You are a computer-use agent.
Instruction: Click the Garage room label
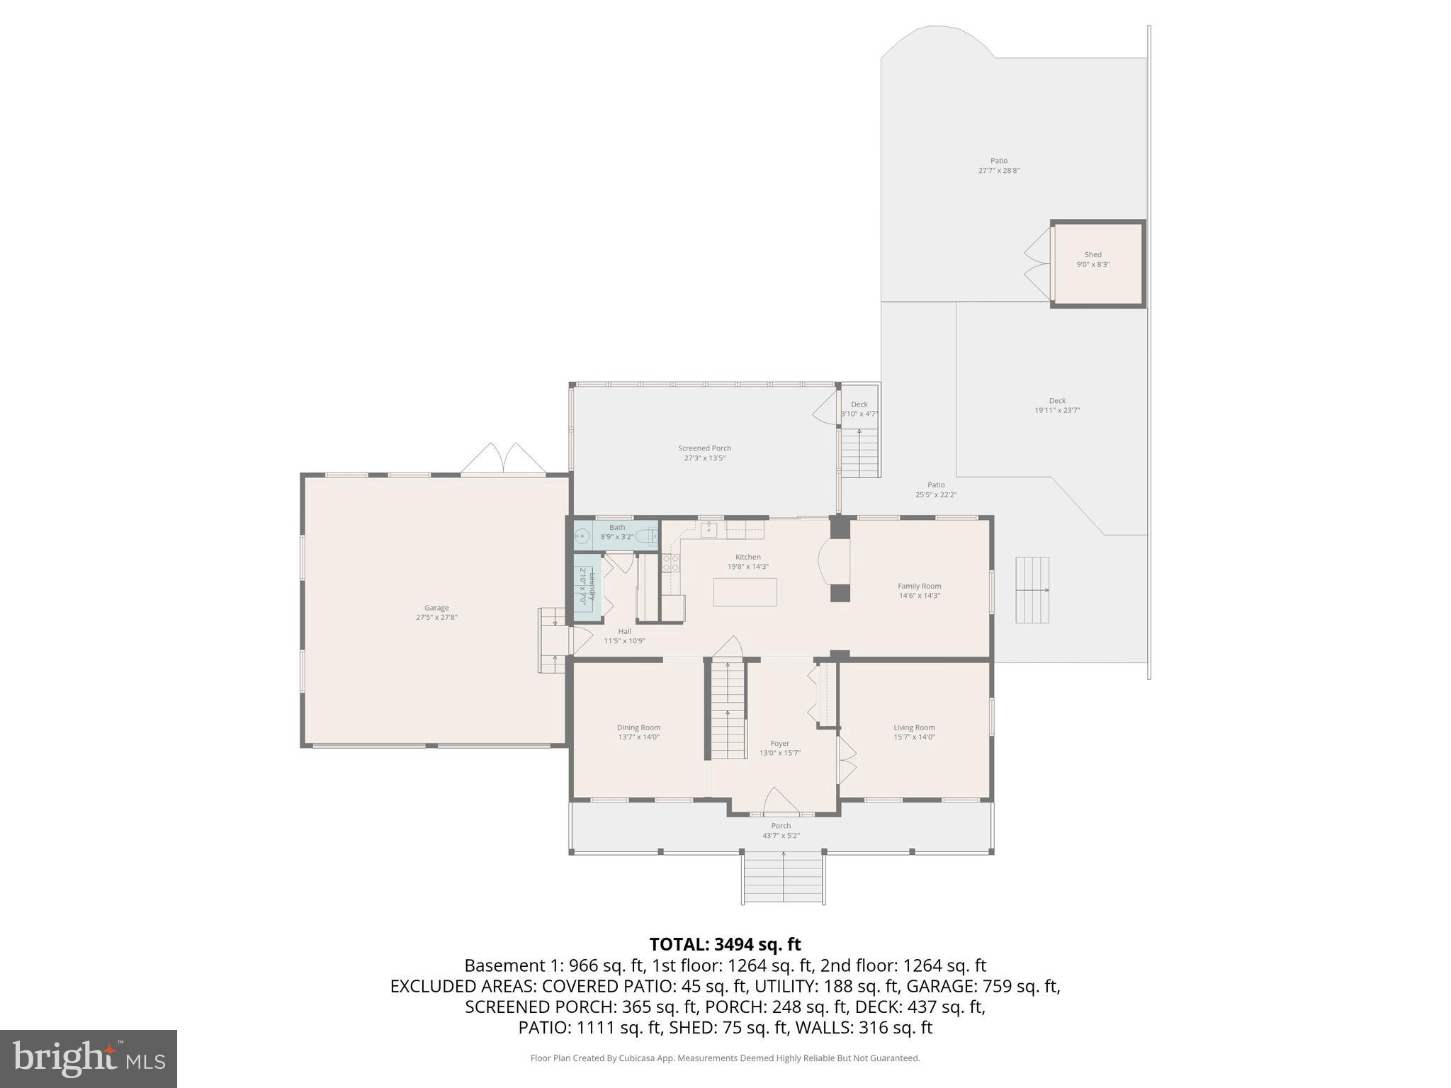point(436,608)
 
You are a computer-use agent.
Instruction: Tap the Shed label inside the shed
point(1093,254)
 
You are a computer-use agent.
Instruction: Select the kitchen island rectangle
point(745,592)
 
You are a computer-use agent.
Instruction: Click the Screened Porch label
point(704,448)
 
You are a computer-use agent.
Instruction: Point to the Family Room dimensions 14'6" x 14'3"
point(919,596)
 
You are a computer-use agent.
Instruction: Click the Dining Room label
point(638,727)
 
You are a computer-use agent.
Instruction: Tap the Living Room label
point(914,727)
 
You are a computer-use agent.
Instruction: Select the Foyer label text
point(779,744)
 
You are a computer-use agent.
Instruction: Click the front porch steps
point(784,878)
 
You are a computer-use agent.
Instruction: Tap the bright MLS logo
point(88,1058)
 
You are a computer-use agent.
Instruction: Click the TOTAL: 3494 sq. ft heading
point(725,944)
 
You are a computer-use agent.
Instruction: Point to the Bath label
point(617,527)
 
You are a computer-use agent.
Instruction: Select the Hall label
point(624,631)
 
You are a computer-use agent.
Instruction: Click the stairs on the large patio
point(1032,590)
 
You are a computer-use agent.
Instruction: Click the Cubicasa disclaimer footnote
point(725,1058)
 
